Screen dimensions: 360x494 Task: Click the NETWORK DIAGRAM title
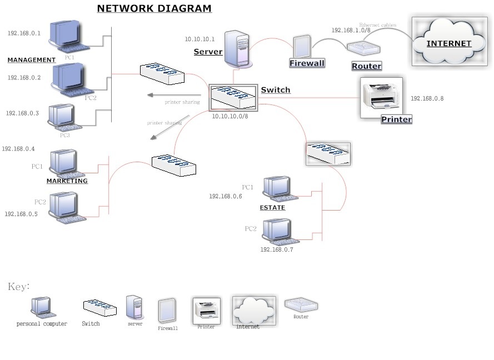(154, 8)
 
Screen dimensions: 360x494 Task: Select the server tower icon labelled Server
(237, 49)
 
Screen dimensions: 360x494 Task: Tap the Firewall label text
(307, 63)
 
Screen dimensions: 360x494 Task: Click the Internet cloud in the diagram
(448, 42)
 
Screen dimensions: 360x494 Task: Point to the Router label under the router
(367, 66)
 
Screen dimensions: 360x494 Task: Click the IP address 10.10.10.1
(199, 39)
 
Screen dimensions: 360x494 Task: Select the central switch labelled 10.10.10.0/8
(233, 98)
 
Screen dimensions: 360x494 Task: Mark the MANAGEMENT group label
(32, 60)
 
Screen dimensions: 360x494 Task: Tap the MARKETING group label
(67, 181)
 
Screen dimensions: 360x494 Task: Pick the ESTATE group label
(272, 208)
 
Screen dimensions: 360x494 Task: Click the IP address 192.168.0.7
(276, 250)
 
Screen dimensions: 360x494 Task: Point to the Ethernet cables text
(377, 25)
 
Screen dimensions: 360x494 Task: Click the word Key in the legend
(18, 287)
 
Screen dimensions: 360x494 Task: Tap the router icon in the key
(301, 304)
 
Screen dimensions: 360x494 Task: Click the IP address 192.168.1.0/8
(351, 31)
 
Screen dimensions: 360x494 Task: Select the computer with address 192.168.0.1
(66, 36)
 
